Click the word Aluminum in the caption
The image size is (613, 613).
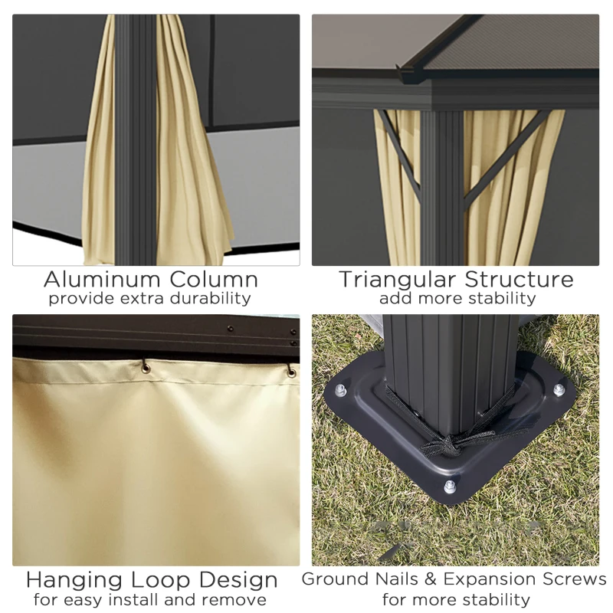[x=102, y=280]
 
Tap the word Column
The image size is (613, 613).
[x=214, y=280]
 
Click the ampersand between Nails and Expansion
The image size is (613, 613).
[x=431, y=579]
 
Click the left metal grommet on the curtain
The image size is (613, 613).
[x=146, y=368]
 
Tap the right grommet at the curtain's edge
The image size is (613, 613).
[x=291, y=372]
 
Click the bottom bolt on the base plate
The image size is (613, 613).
[x=450, y=487]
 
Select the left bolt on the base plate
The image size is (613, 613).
[x=340, y=390]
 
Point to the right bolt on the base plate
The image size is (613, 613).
[x=559, y=390]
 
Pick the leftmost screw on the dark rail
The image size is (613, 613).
[x=231, y=329]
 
